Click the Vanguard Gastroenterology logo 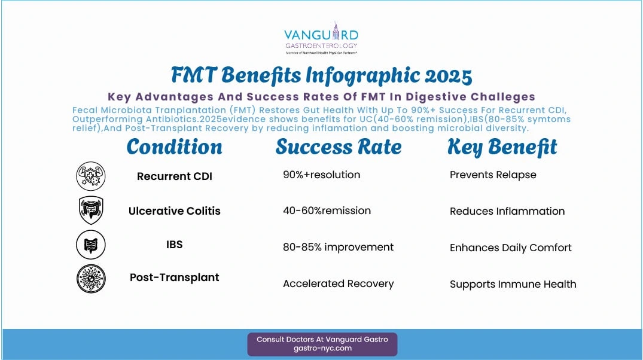pyautogui.click(x=321, y=38)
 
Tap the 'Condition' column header pyautogui.click(x=174, y=147)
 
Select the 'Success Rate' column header pyautogui.click(x=339, y=147)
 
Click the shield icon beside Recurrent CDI pyautogui.click(x=91, y=176)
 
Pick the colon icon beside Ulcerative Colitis pyautogui.click(x=91, y=210)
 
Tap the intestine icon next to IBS pyautogui.click(x=91, y=245)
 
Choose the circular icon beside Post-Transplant pyautogui.click(x=91, y=279)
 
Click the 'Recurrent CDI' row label pyautogui.click(x=175, y=176)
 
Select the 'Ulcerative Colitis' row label pyautogui.click(x=175, y=210)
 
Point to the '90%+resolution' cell pyautogui.click(x=322, y=175)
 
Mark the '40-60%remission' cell pyautogui.click(x=327, y=210)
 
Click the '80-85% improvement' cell pyautogui.click(x=339, y=247)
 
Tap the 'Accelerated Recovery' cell pyautogui.click(x=339, y=283)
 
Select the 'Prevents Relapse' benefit pyautogui.click(x=493, y=175)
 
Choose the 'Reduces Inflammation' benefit pyautogui.click(x=507, y=211)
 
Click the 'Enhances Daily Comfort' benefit pyautogui.click(x=511, y=248)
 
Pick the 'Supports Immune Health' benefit pyautogui.click(x=513, y=284)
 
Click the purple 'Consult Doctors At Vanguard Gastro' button pyautogui.click(x=322, y=344)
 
